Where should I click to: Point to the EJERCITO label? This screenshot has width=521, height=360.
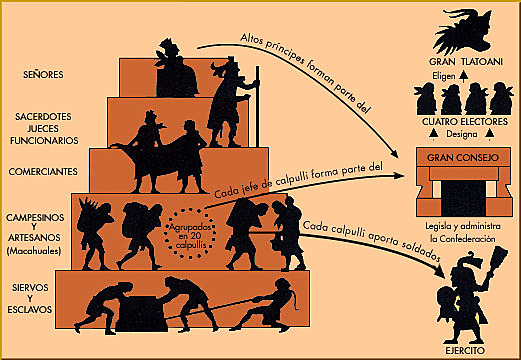462,342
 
